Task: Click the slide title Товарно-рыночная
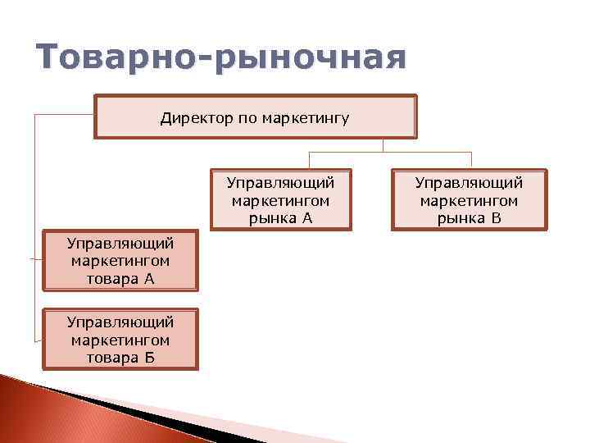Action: click(221, 60)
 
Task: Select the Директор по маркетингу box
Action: click(255, 117)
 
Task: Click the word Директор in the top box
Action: click(197, 118)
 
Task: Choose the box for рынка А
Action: click(280, 200)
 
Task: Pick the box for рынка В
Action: click(469, 200)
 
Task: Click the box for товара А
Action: click(120, 261)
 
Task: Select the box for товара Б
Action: click(120, 340)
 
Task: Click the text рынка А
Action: click(280, 217)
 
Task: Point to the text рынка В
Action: click(469, 217)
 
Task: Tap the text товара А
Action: click(120, 278)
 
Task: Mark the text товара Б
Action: click(120, 358)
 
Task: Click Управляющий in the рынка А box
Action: click(280, 182)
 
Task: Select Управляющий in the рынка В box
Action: click(469, 182)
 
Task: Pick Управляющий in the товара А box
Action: click(120, 244)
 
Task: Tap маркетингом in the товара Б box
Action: click(120, 340)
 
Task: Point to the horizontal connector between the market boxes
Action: click(389, 153)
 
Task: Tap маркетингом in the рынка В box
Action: click(469, 200)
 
